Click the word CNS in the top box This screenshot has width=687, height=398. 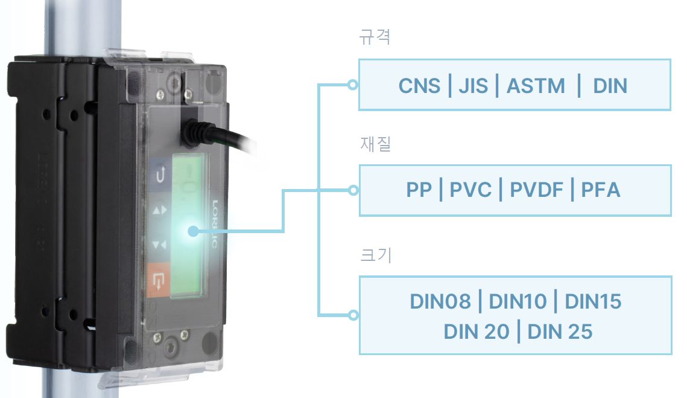click(x=419, y=86)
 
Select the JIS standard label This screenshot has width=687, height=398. click(x=473, y=86)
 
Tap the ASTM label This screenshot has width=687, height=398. click(x=536, y=86)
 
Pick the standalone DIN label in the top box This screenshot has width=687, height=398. click(x=610, y=86)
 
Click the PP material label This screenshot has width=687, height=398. click(x=419, y=190)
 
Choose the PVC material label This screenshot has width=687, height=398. click(x=470, y=190)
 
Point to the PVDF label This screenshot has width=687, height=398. click(x=536, y=190)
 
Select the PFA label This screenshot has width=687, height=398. click(x=601, y=190)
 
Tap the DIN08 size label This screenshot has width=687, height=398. click(x=440, y=301)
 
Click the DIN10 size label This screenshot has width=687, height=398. click(x=518, y=301)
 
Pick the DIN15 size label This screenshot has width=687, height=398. click(x=594, y=301)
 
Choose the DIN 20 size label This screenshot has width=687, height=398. click(x=476, y=332)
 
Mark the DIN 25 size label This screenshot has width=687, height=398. click(x=560, y=332)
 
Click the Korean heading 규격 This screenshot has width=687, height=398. click(x=375, y=36)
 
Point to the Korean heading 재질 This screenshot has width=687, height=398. click(x=376, y=144)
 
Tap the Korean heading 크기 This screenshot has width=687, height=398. click(x=376, y=254)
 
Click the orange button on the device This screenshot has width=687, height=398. click(x=158, y=280)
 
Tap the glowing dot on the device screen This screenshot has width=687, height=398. click(x=193, y=231)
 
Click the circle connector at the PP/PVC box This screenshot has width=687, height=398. click(x=353, y=190)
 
